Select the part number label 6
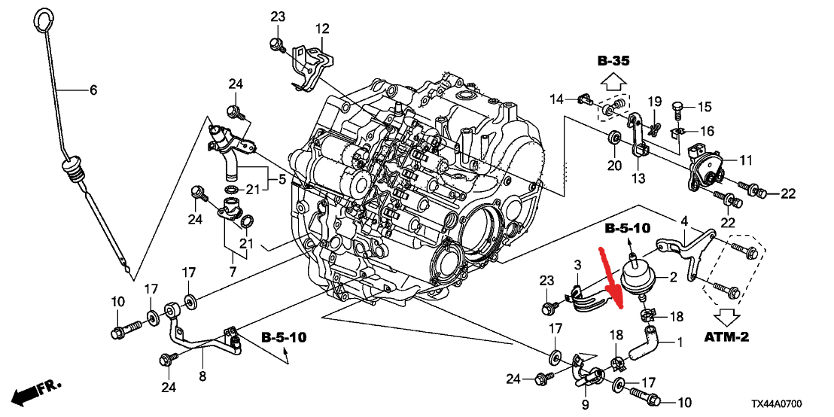(93, 90)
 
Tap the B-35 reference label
(613, 60)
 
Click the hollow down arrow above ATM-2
(727, 315)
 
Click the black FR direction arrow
(28, 392)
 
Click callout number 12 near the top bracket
(322, 29)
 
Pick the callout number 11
(745, 160)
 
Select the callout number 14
(557, 99)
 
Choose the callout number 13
(638, 178)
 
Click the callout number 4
(684, 221)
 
